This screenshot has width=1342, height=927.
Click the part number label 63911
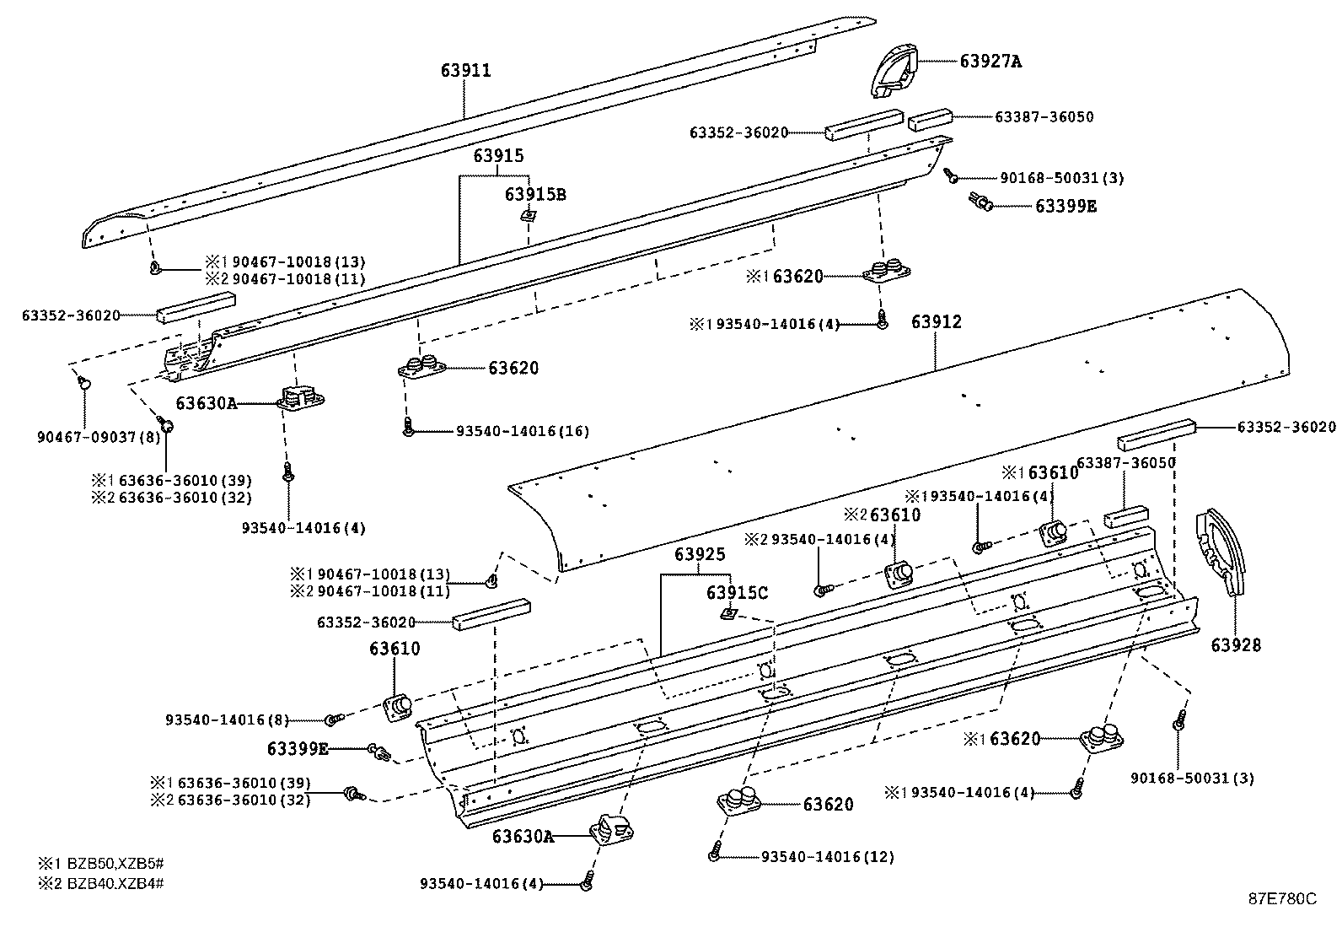pos(465,71)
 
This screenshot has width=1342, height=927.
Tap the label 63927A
pos(990,61)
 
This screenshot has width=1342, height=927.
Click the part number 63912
pos(936,322)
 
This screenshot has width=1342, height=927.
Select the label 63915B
pos(536,195)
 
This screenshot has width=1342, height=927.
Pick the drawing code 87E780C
pos(1282,898)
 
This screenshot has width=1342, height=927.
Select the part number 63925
pos(700,554)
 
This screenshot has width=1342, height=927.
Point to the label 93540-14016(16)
pos(523,431)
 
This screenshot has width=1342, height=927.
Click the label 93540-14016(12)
pos(828,857)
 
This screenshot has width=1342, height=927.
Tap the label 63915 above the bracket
pos(498,156)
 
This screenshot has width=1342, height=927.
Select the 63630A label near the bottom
pos(523,837)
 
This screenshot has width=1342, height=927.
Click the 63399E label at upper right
pos(1066,206)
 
